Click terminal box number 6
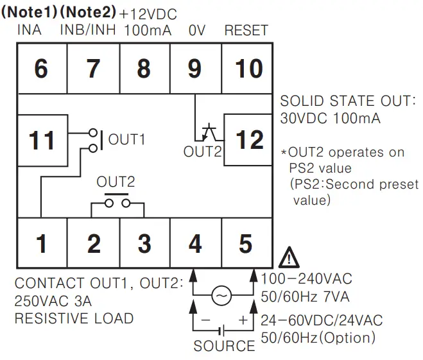(41, 68)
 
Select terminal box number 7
(93, 68)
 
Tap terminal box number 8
(144, 68)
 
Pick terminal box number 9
(195, 68)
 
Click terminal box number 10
(246, 68)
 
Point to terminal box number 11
(42, 140)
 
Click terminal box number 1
(41, 244)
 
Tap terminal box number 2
(93, 244)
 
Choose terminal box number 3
(144, 244)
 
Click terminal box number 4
(195, 244)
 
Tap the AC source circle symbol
(221, 295)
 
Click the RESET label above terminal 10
(246, 30)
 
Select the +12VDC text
(149, 13)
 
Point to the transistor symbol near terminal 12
(207, 133)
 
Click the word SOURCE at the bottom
(224, 346)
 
